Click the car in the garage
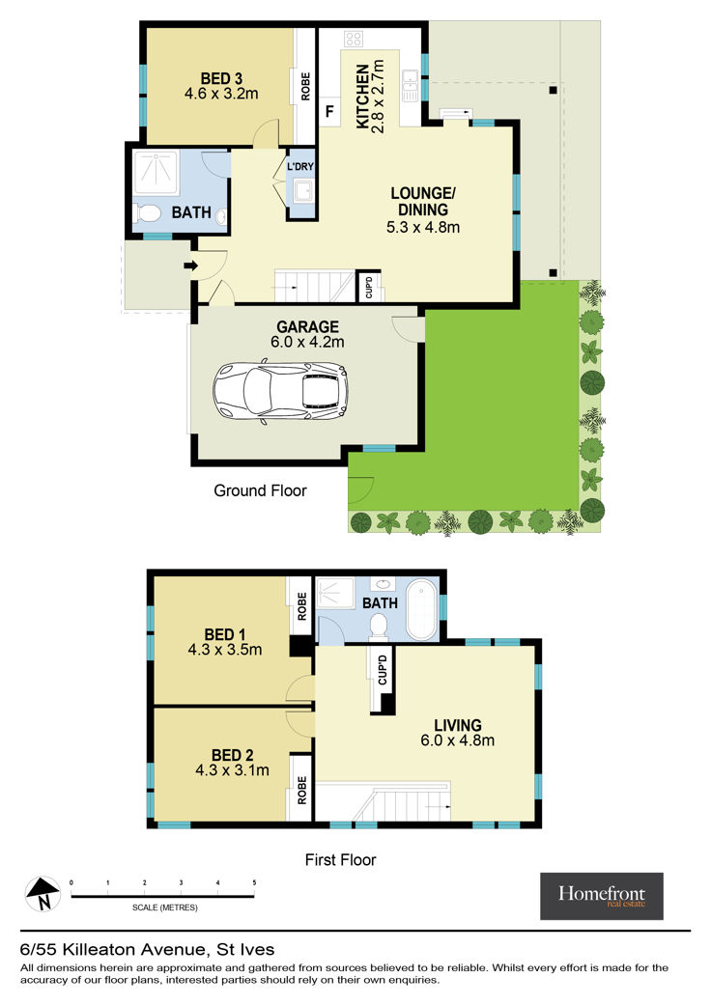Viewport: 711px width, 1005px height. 281,392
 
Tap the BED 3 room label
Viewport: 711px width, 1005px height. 221,79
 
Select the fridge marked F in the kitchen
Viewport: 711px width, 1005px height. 329,112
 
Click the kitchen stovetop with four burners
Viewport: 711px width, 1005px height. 354,39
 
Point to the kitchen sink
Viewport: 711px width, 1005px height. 410,85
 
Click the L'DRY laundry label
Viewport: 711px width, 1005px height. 300,167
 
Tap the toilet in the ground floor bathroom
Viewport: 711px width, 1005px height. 147,213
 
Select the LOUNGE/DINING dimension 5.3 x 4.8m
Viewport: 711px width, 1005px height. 423,227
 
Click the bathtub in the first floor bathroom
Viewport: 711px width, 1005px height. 422,608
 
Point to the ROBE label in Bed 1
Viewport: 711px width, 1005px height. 302,605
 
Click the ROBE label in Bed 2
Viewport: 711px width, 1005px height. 302,791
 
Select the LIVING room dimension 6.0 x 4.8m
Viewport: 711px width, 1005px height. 458,740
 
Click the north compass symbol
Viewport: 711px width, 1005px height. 43,894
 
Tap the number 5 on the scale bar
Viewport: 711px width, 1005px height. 254,883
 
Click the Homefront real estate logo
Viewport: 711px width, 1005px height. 602,896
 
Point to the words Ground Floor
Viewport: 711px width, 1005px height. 260,490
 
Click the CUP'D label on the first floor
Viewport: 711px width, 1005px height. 383,670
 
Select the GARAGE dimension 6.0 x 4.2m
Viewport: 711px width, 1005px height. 308,343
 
